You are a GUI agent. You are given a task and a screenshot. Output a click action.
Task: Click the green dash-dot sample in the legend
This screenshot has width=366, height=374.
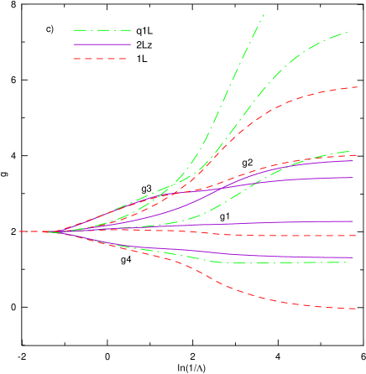coord(102,30)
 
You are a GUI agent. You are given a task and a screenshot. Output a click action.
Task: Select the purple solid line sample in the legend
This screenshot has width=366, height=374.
coord(102,44)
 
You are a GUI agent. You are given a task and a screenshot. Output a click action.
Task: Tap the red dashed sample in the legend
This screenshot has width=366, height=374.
coord(100,59)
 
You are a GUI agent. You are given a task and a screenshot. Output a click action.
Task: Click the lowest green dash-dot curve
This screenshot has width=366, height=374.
coord(277,262)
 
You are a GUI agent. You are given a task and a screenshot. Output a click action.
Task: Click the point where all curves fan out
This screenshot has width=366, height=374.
coord(56,231)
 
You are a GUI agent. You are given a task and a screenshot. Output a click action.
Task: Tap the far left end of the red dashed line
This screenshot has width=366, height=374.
coord(20,231)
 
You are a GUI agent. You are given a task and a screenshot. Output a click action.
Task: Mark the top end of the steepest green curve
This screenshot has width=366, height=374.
coord(264,15)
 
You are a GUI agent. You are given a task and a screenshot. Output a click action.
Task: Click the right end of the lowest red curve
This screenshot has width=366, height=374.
coord(356,309)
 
